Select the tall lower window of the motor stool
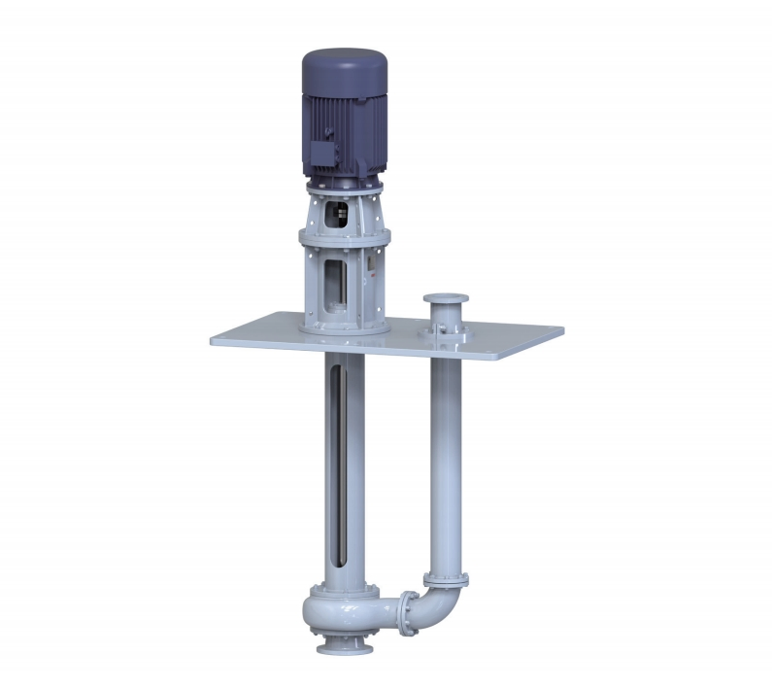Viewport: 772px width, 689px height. click(x=339, y=282)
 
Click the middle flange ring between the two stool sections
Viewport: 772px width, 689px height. click(x=345, y=236)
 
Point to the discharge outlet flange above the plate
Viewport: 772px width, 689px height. click(x=445, y=299)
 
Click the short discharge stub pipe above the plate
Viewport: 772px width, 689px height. click(x=445, y=316)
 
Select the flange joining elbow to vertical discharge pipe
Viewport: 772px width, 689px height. click(x=446, y=580)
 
